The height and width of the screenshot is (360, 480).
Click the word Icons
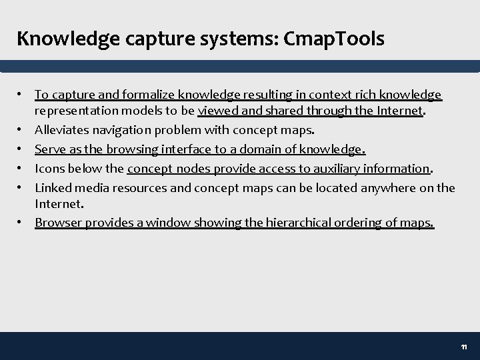click(49, 169)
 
